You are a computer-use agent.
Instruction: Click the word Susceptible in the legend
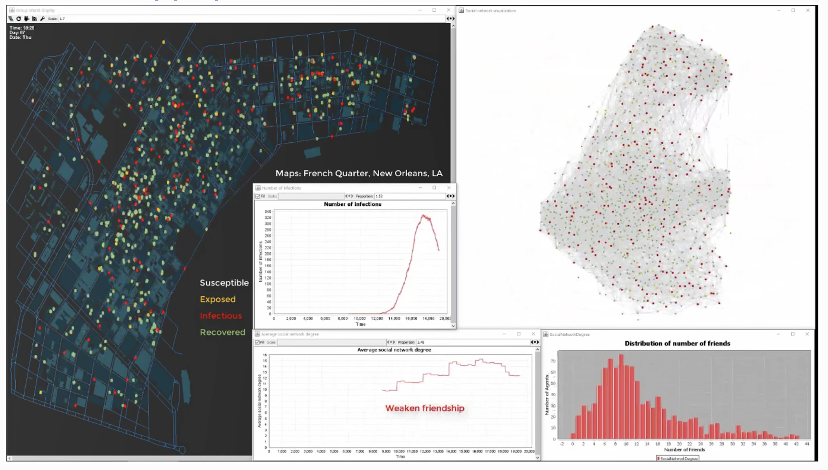[x=224, y=283]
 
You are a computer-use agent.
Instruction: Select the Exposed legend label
[x=218, y=299]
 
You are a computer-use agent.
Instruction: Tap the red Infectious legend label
[x=221, y=316]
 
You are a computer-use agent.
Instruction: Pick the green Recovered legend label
[x=222, y=332]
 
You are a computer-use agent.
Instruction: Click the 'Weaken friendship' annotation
[x=425, y=408]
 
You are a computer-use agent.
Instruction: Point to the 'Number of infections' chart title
[x=353, y=204]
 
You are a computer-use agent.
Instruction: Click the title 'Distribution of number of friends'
[x=677, y=343]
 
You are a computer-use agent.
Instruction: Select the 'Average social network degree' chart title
[x=394, y=350]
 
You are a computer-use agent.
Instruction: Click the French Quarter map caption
[x=359, y=173]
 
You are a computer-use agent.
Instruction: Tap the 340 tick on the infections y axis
[x=268, y=212]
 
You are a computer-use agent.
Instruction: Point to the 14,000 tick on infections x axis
[x=394, y=319]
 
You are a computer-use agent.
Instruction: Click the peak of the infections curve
[x=423, y=216]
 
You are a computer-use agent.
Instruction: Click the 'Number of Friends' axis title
[x=684, y=449]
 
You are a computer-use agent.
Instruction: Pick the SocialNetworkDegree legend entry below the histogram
[x=678, y=459]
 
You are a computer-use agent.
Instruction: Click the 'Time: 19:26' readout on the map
[x=22, y=28]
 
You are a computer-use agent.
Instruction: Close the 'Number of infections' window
[x=449, y=188]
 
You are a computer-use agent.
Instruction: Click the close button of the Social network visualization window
[x=807, y=11]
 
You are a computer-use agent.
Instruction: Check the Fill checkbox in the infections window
[x=258, y=196]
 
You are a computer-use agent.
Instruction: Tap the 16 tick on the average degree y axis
[x=265, y=355]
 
